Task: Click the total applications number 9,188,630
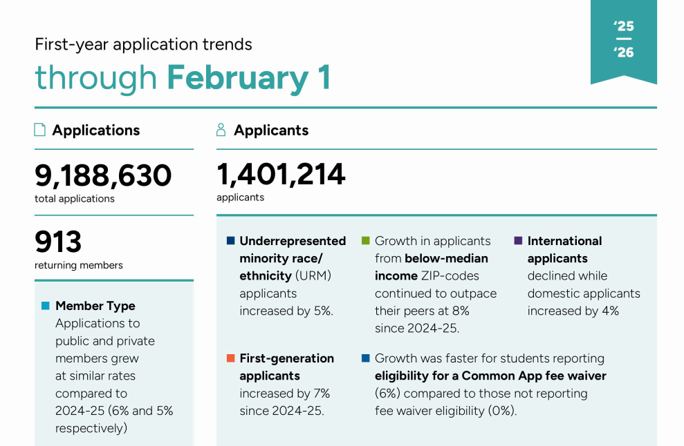pos(103,175)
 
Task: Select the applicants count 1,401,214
pos(281,174)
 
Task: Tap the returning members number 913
pos(58,242)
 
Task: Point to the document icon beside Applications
pos(40,130)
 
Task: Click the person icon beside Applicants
pos(221,130)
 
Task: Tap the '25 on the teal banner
pos(623,26)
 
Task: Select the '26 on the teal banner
pos(623,52)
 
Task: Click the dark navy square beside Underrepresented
pos(230,241)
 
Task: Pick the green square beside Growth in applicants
pos(365,241)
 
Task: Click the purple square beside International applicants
pos(518,241)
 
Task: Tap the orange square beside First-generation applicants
pos(230,358)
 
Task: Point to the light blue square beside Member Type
pos(46,306)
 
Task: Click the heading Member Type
pos(95,306)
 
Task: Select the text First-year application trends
pos(143,45)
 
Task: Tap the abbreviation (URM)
pos(313,275)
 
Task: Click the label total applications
pos(75,199)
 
